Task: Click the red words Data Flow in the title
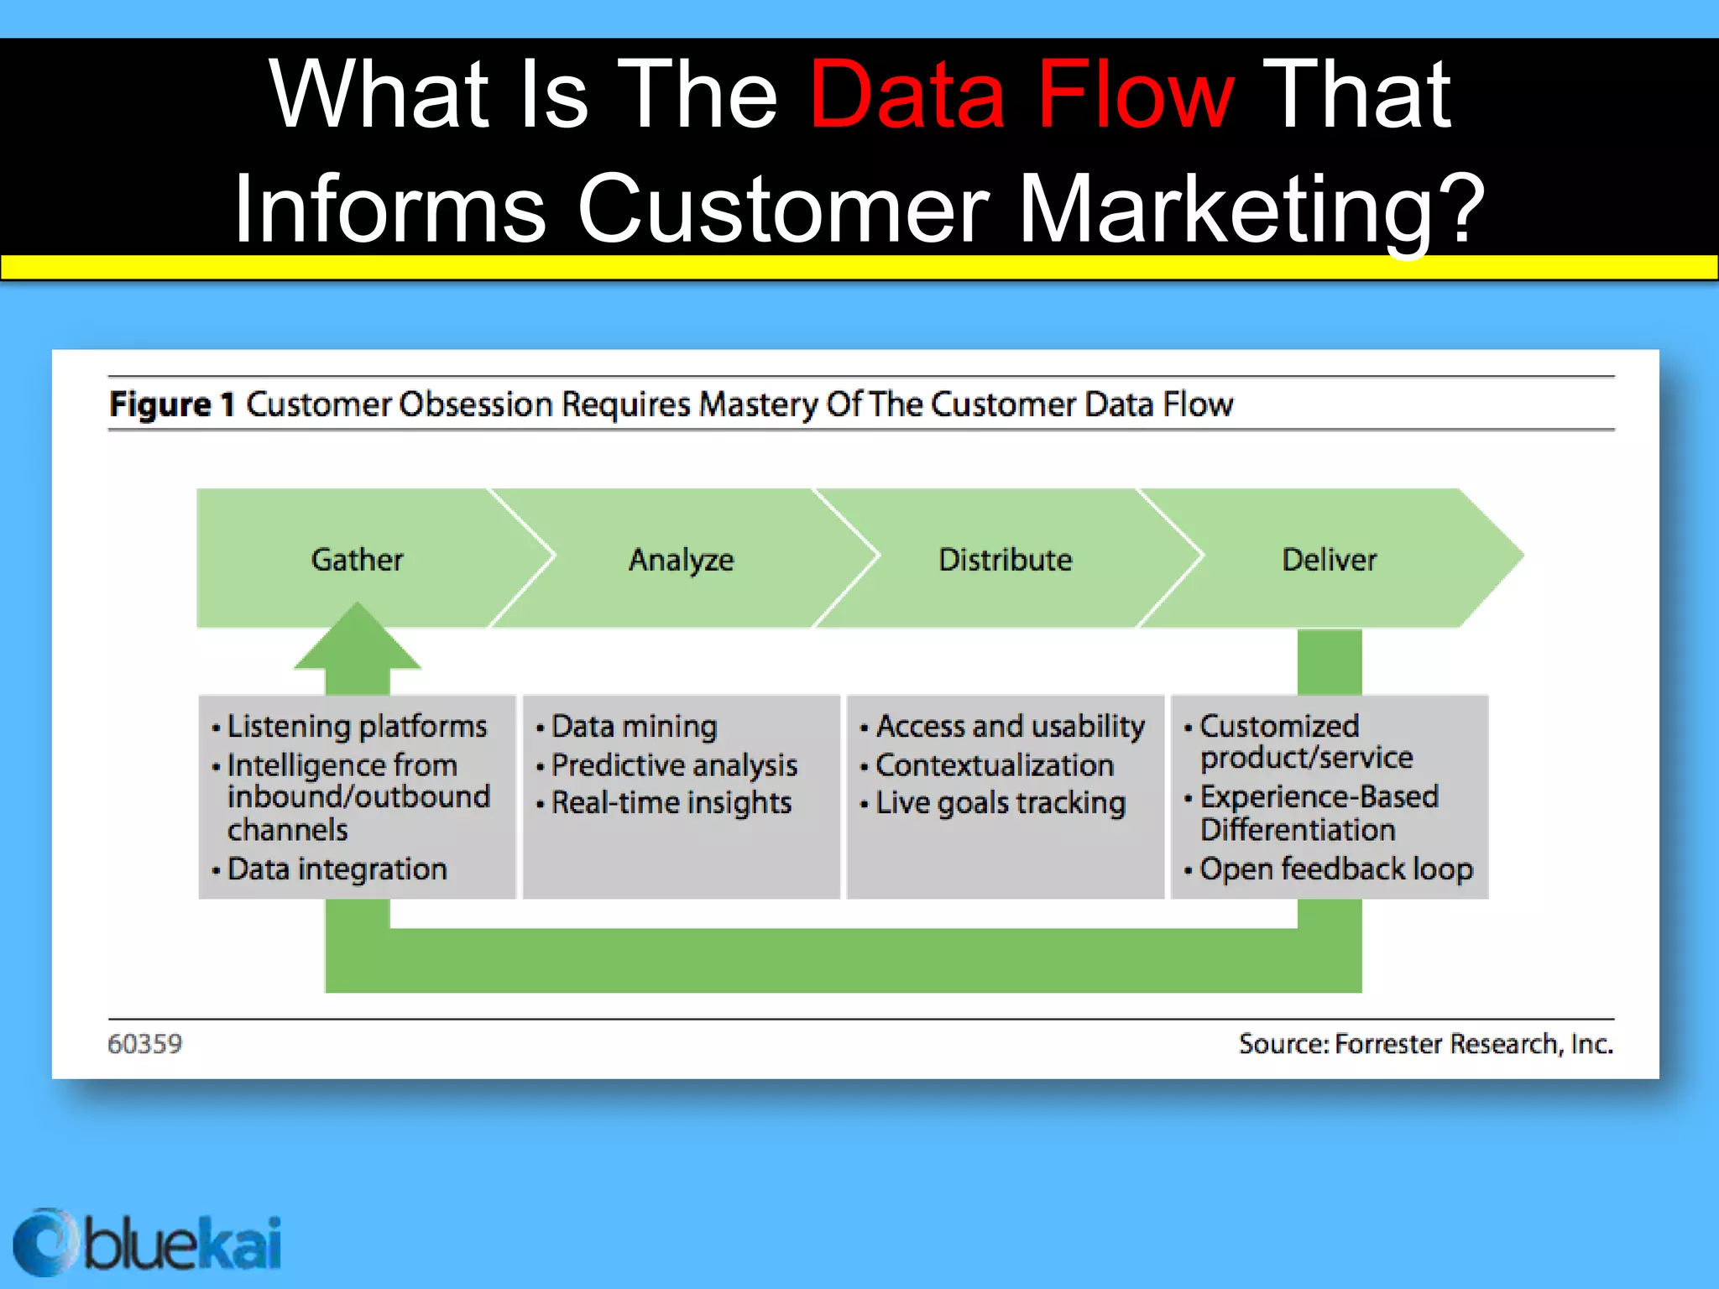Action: click(x=1021, y=95)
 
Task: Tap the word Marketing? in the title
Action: click(x=1251, y=209)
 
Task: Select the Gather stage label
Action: click(x=357, y=560)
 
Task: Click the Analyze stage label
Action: click(x=681, y=560)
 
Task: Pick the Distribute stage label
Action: click(x=1005, y=560)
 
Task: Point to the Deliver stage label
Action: click(x=1329, y=560)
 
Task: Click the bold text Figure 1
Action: click(x=171, y=404)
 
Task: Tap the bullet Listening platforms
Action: click(x=357, y=727)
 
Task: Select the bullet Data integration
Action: click(x=337, y=869)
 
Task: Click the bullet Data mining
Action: click(x=634, y=727)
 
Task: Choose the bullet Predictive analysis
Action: click(x=674, y=765)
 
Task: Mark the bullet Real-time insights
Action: click(x=671, y=803)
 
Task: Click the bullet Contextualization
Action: click(x=995, y=765)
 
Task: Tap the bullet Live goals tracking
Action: click(x=1000, y=803)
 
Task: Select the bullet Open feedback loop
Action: click(x=1335, y=869)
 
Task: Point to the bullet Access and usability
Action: click(x=1010, y=727)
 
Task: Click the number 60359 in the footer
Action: click(x=144, y=1044)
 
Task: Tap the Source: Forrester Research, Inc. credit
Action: click(x=1425, y=1044)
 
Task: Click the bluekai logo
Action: click(x=148, y=1243)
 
